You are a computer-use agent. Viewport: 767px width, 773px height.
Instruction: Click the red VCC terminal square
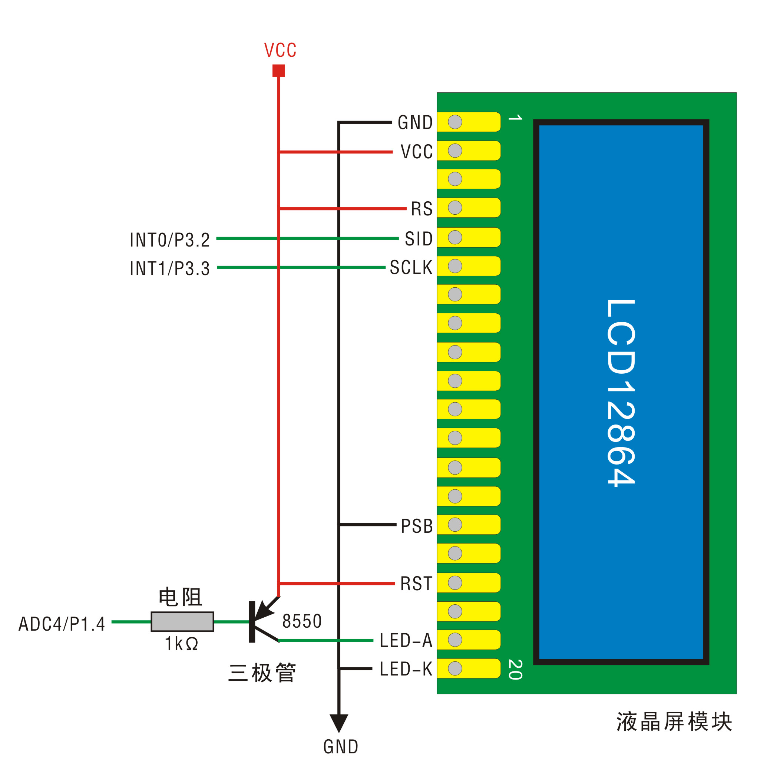point(278,70)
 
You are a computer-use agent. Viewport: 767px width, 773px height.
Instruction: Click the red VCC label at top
point(280,50)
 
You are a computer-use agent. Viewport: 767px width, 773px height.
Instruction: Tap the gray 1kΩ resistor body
point(182,621)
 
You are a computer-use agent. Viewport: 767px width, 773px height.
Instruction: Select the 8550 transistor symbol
point(260,621)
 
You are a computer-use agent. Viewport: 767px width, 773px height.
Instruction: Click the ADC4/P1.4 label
point(62,624)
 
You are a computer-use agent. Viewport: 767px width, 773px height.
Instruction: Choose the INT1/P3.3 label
point(170,268)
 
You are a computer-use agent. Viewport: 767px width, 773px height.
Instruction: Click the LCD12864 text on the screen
point(621,393)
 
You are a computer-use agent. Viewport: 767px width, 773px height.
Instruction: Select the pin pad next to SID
point(468,237)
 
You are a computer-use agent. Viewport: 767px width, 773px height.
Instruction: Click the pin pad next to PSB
point(468,525)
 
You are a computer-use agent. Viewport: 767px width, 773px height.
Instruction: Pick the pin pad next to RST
point(468,582)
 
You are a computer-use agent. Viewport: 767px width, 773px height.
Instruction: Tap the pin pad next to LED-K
point(468,668)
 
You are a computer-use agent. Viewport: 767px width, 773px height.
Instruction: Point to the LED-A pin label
point(406,640)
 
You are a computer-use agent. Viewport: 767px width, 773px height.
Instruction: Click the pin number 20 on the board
point(515,669)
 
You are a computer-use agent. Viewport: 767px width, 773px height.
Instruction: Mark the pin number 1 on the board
point(515,118)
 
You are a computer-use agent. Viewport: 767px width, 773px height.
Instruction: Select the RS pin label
point(422,209)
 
